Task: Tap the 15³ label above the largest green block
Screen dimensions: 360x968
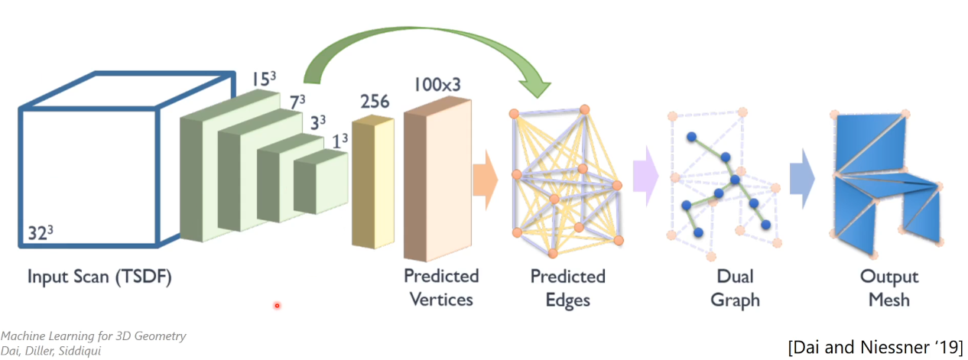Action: pos(265,79)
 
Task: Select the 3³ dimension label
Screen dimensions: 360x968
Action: pos(317,121)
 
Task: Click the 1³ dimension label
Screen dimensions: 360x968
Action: pos(340,139)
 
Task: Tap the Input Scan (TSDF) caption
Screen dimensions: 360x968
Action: pos(99,277)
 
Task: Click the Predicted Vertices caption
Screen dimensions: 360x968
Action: pos(441,287)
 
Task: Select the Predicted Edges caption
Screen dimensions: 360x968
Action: pos(567,287)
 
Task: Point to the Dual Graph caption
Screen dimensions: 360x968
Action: pos(735,287)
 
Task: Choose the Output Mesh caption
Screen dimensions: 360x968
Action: pos(889,287)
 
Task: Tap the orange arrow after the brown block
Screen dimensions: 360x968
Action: pos(486,181)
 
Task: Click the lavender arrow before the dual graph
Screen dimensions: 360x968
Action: pos(647,180)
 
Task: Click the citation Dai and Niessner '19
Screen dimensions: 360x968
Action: pos(874,346)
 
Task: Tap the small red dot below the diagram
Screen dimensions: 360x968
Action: pos(277,306)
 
